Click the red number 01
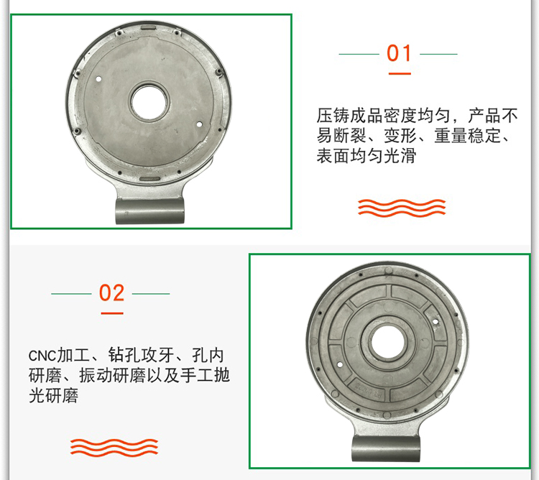pyautogui.click(x=399, y=53)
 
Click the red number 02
pyautogui.click(x=111, y=293)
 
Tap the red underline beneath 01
pyautogui.click(x=400, y=73)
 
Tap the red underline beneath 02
pyautogui.click(x=112, y=313)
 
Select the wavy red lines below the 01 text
pyautogui.click(x=402, y=208)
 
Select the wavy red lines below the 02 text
pyautogui.click(x=114, y=448)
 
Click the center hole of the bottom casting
pyautogui.click(x=387, y=342)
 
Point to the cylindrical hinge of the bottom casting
pyautogui.click(x=386, y=450)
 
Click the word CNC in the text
pyautogui.click(x=42, y=356)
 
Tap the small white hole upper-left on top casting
pyautogui.click(x=98, y=79)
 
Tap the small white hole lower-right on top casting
pyautogui.click(x=199, y=124)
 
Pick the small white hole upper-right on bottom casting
pyautogui.click(x=436, y=322)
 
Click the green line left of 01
pyautogui.click(x=359, y=54)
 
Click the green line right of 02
pyautogui.click(x=151, y=294)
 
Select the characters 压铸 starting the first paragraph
pyautogui.click(x=333, y=116)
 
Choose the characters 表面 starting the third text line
pyautogui.click(x=333, y=156)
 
